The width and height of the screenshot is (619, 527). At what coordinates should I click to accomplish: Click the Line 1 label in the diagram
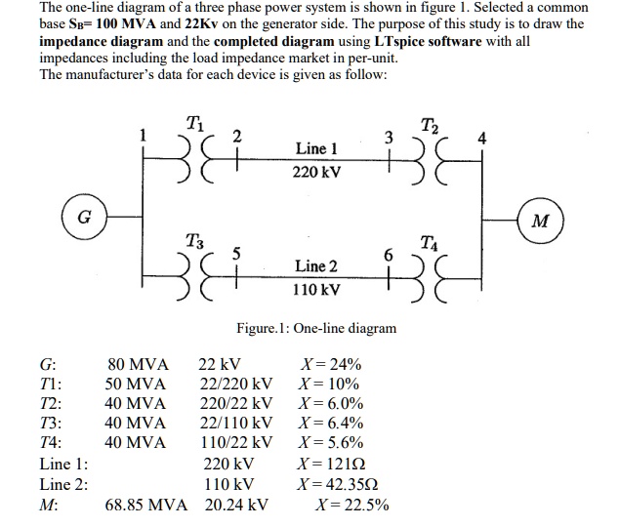click(316, 148)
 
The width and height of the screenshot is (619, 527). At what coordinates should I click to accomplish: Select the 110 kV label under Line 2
click(316, 290)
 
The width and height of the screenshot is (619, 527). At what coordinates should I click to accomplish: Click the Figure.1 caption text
click(316, 328)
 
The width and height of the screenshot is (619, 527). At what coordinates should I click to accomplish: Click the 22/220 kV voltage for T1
click(235, 384)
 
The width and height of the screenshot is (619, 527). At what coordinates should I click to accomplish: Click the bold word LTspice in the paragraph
click(405, 40)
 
